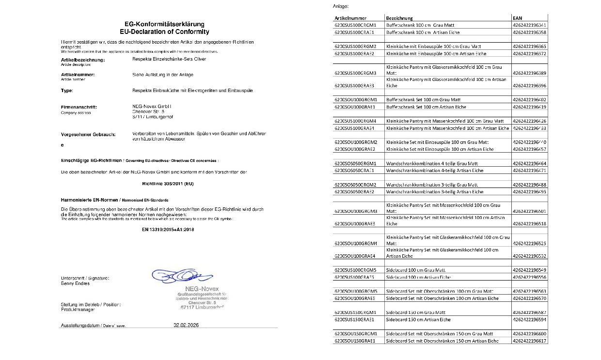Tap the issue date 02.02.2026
point(186,325)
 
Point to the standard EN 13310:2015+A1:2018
point(162,229)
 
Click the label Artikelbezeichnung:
point(82,60)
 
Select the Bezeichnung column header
point(399,17)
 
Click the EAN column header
point(517,17)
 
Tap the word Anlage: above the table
point(341,6)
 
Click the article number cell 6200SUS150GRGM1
point(356,313)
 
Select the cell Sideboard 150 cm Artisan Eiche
point(418,320)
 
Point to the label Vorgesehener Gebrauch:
point(88,134)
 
